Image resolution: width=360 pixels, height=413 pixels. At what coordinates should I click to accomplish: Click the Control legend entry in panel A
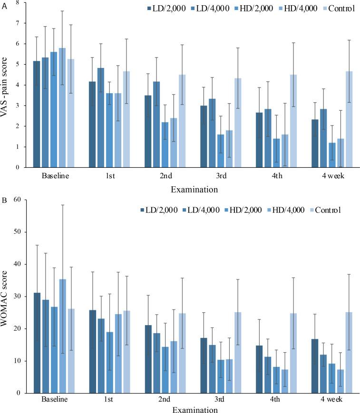pyautogui.click(x=341, y=8)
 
